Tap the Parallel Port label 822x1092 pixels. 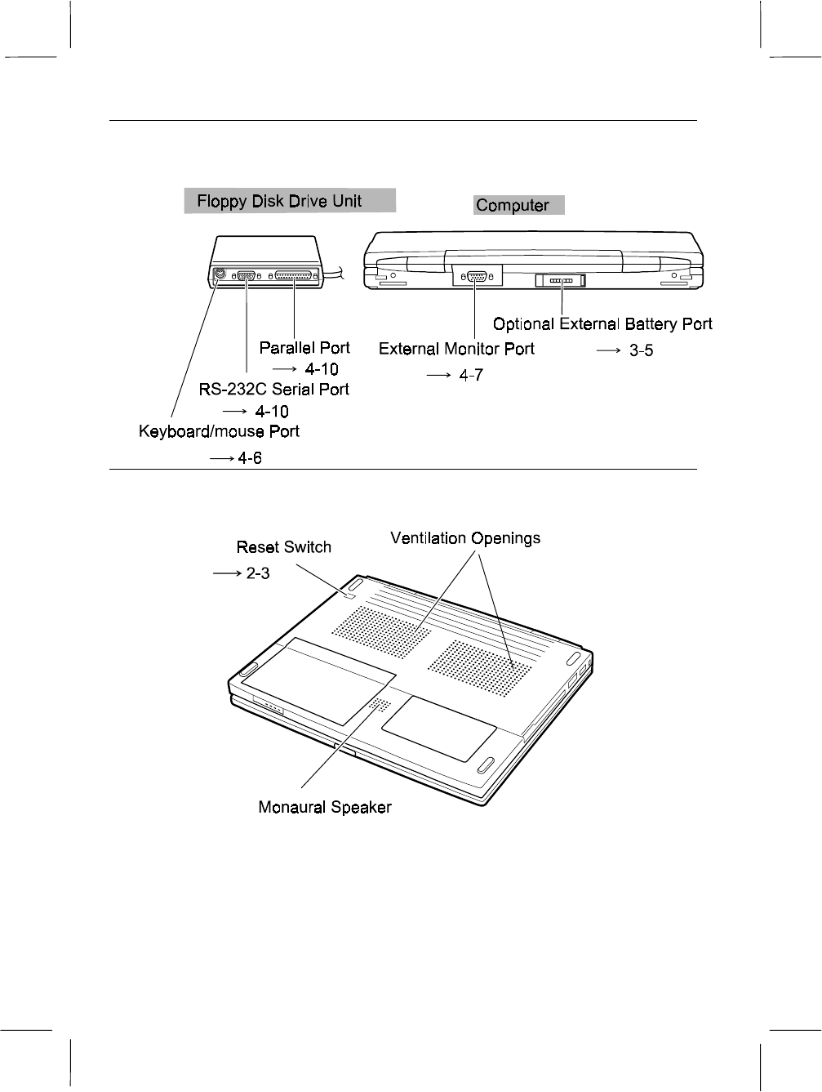pyautogui.click(x=304, y=348)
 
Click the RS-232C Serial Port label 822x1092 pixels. pyautogui.click(x=274, y=390)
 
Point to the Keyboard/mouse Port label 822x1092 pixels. pyautogui.click(x=219, y=431)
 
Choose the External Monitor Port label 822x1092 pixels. pyautogui.click(x=456, y=349)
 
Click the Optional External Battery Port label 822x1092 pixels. pyautogui.click(x=602, y=324)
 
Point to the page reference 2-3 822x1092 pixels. pyautogui.click(x=258, y=574)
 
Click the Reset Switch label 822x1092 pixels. pyautogui.click(x=283, y=547)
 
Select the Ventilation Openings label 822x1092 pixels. pyautogui.click(x=465, y=538)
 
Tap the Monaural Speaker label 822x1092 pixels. pyautogui.click(x=325, y=808)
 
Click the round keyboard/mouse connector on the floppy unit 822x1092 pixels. pyautogui.click(x=218, y=275)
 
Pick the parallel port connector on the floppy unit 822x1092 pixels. pyautogui.click(x=294, y=276)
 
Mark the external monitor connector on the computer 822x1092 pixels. pyautogui.click(x=475, y=277)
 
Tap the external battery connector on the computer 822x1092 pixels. pyautogui.click(x=561, y=281)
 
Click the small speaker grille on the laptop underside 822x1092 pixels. pyautogui.click(x=379, y=704)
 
